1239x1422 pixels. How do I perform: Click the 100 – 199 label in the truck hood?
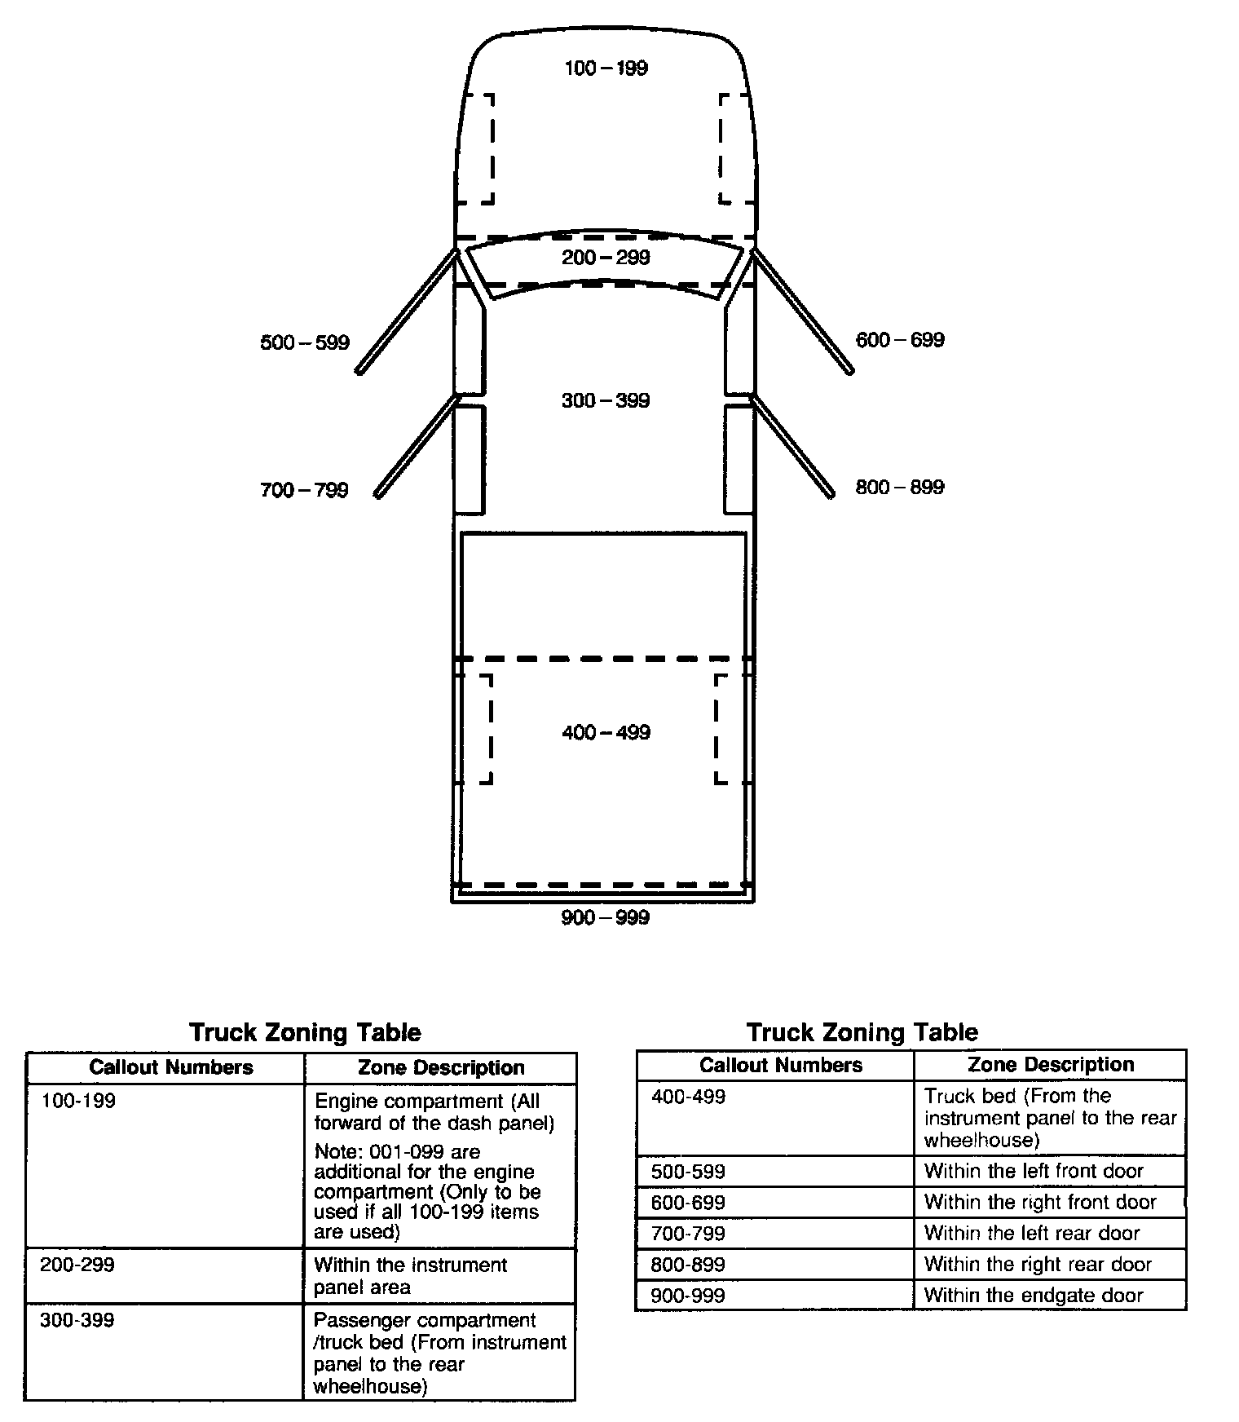[x=606, y=68]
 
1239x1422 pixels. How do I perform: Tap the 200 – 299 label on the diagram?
[x=606, y=258]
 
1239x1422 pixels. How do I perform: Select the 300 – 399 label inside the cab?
[x=606, y=400]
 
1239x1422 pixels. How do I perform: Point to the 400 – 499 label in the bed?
[x=606, y=732]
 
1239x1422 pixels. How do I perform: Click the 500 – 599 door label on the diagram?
[x=305, y=342]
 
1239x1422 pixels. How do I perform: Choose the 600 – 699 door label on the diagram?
[x=900, y=340]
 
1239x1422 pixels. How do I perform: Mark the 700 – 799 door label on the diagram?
[x=304, y=490]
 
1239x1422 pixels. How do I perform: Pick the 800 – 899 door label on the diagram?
[x=900, y=487]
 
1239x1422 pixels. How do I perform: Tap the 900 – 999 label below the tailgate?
[x=605, y=918]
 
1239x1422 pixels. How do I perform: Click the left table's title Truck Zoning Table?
[x=305, y=1032]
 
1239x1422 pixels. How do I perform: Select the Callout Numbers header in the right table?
[x=780, y=1065]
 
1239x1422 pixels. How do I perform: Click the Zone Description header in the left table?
[x=441, y=1067]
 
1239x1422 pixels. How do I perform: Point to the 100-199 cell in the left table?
[x=78, y=1101]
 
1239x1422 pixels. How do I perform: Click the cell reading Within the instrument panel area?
[x=410, y=1276]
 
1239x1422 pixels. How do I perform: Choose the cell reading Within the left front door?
[x=1034, y=1171]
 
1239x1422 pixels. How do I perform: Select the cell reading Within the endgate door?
[x=1034, y=1295]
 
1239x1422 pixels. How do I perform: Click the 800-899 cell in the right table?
[x=688, y=1265]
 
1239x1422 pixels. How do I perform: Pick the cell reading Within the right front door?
[x=1040, y=1202]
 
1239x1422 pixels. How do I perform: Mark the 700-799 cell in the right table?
[x=688, y=1234]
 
